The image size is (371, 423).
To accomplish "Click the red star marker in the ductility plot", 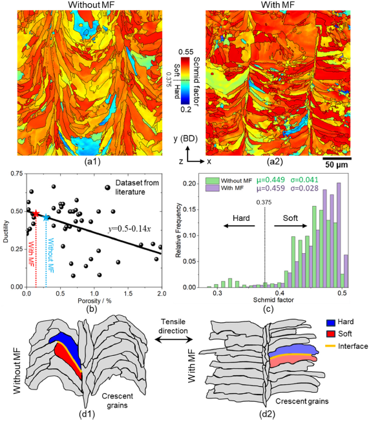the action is tap(36, 214).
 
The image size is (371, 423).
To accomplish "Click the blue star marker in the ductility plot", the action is tap(46, 218).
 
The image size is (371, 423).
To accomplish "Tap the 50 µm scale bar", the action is tap(337, 158).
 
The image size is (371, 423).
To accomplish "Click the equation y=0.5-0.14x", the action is tap(129, 229).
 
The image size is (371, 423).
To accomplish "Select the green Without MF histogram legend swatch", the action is tap(212, 180).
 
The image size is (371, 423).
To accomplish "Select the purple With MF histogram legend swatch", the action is tap(212, 188).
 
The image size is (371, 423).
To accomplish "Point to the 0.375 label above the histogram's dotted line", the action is tap(264, 202).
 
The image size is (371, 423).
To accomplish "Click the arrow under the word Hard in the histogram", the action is tap(239, 226).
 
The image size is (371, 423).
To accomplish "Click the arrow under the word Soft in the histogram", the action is tap(291, 226).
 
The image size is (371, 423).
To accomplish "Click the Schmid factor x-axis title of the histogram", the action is tap(273, 300).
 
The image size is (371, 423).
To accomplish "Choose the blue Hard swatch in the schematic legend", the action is tap(330, 322).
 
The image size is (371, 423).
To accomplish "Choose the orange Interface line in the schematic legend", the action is tap(330, 346).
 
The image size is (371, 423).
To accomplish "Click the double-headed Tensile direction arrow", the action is tap(174, 340).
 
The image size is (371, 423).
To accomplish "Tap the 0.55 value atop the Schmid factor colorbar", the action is tap(186, 52).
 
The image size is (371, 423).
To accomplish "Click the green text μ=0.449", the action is tap(271, 180).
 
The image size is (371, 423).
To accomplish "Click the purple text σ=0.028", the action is tap(304, 188).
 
